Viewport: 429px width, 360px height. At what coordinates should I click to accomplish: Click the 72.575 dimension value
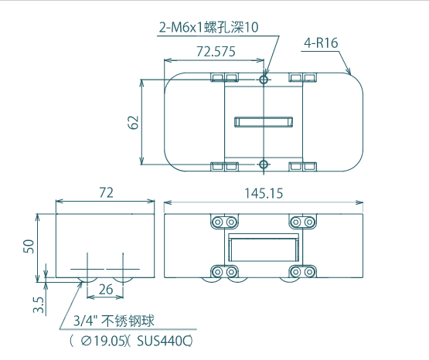pyautogui.click(x=216, y=52)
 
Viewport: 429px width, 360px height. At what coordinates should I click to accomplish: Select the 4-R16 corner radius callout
pyautogui.click(x=321, y=43)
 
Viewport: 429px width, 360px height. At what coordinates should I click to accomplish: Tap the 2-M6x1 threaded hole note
pyautogui.click(x=209, y=27)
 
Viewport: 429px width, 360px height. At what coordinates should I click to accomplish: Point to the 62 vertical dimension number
pyautogui.click(x=133, y=122)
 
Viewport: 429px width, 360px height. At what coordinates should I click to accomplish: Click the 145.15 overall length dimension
pyautogui.click(x=264, y=193)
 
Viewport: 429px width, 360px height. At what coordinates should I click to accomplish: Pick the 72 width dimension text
pyautogui.click(x=106, y=192)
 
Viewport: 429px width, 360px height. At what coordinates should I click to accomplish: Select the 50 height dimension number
pyautogui.click(x=29, y=246)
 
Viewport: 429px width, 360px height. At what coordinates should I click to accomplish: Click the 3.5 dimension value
pyautogui.click(x=39, y=304)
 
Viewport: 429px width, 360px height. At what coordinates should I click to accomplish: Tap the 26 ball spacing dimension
pyautogui.click(x=106, y=289)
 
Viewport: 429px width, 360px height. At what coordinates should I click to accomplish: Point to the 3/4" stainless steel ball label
pyautogui.click(x=114, y=321)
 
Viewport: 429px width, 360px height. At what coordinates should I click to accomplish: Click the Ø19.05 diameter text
pyautogui.click(x=104, y=341)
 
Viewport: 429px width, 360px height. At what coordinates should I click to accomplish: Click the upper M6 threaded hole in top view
pyautogui.click(x=264, y=80)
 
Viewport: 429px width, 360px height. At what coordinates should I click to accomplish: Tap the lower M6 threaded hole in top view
pyautogui.click(x=264, y=165)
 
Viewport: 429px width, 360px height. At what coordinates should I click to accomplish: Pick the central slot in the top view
pyautogui.click(x=264, y=122)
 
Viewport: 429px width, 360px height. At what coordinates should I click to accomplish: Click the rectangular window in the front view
pyautogui.click(x=263, y=248)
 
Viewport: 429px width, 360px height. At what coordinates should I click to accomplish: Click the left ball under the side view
pyautogui.click(x=87, y=280)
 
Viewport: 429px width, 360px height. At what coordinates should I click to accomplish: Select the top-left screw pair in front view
pyautogui.click(x=224, y=222)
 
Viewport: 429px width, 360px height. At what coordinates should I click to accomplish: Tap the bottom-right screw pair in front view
pyautogui.click(x=302, y=272)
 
